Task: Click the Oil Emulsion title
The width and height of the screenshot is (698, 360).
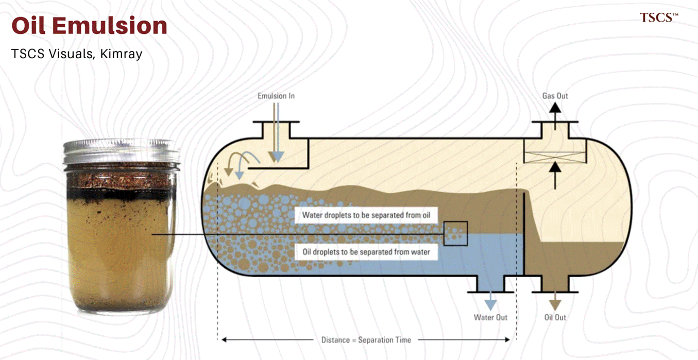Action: [90, 26]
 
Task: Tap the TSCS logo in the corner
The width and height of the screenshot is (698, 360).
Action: [659, 18]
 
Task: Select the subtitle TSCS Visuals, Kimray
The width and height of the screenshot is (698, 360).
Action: [77, 54]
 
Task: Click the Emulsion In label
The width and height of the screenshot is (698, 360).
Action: [276, 96]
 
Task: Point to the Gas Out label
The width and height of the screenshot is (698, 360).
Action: [555, 96]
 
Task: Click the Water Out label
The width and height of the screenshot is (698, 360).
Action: [490, 317]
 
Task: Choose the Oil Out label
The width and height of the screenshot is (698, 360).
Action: [555, 317]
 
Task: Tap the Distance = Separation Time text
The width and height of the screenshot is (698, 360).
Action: [366, 340]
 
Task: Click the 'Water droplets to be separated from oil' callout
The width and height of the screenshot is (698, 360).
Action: [366, 215]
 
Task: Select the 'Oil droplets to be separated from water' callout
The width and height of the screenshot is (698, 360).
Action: [366, 252]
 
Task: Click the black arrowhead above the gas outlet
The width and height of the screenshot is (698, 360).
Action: [555, 108]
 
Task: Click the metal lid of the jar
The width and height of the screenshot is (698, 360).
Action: [122, 152]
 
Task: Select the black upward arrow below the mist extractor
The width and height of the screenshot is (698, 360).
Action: [555, 176]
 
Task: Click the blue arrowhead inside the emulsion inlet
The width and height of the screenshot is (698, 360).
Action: [278, 157]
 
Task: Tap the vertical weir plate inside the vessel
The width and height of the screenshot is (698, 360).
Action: [524, 234]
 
